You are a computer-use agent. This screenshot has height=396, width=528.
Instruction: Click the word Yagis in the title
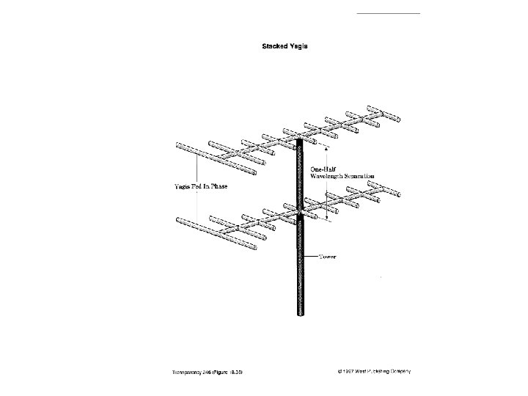298,46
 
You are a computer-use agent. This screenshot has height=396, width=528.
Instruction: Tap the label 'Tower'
327,257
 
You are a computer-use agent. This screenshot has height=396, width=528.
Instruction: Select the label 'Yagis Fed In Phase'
199,186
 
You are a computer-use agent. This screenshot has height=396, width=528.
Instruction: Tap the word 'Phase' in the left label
218,186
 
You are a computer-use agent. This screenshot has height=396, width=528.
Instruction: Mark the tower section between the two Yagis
300,176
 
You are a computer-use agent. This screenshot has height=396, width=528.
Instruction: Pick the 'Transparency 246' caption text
188,373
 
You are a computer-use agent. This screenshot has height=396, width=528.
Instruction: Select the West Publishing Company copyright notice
370,372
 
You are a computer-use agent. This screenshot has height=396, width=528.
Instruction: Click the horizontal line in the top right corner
388,13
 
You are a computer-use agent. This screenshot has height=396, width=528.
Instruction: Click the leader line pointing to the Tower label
310,256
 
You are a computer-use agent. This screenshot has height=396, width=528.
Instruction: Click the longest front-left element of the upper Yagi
213,158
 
